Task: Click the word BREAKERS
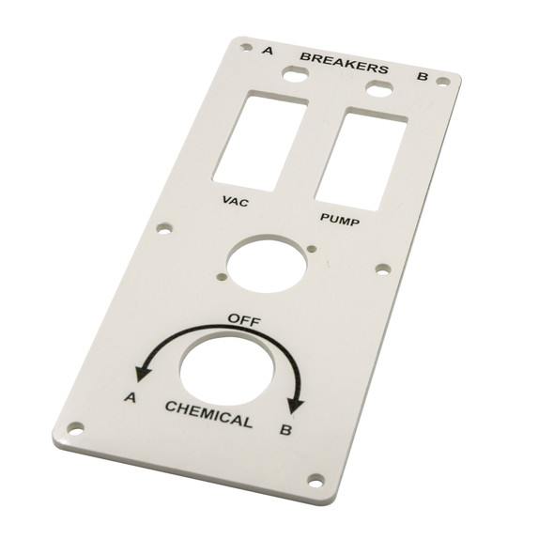point(344,63)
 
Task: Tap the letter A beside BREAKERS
point(268,50)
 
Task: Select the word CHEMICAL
point(208,413)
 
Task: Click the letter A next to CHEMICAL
point(131,398)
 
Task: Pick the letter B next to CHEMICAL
point(285,431)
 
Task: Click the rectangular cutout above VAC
point(259,140)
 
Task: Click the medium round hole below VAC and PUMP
point(265,263)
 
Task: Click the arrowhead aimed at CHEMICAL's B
point(297,402)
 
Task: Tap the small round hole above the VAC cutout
point(296,77)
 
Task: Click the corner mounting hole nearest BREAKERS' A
point(246,45)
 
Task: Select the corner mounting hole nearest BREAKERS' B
point(442,82)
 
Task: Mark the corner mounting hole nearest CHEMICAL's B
point(315,480)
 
